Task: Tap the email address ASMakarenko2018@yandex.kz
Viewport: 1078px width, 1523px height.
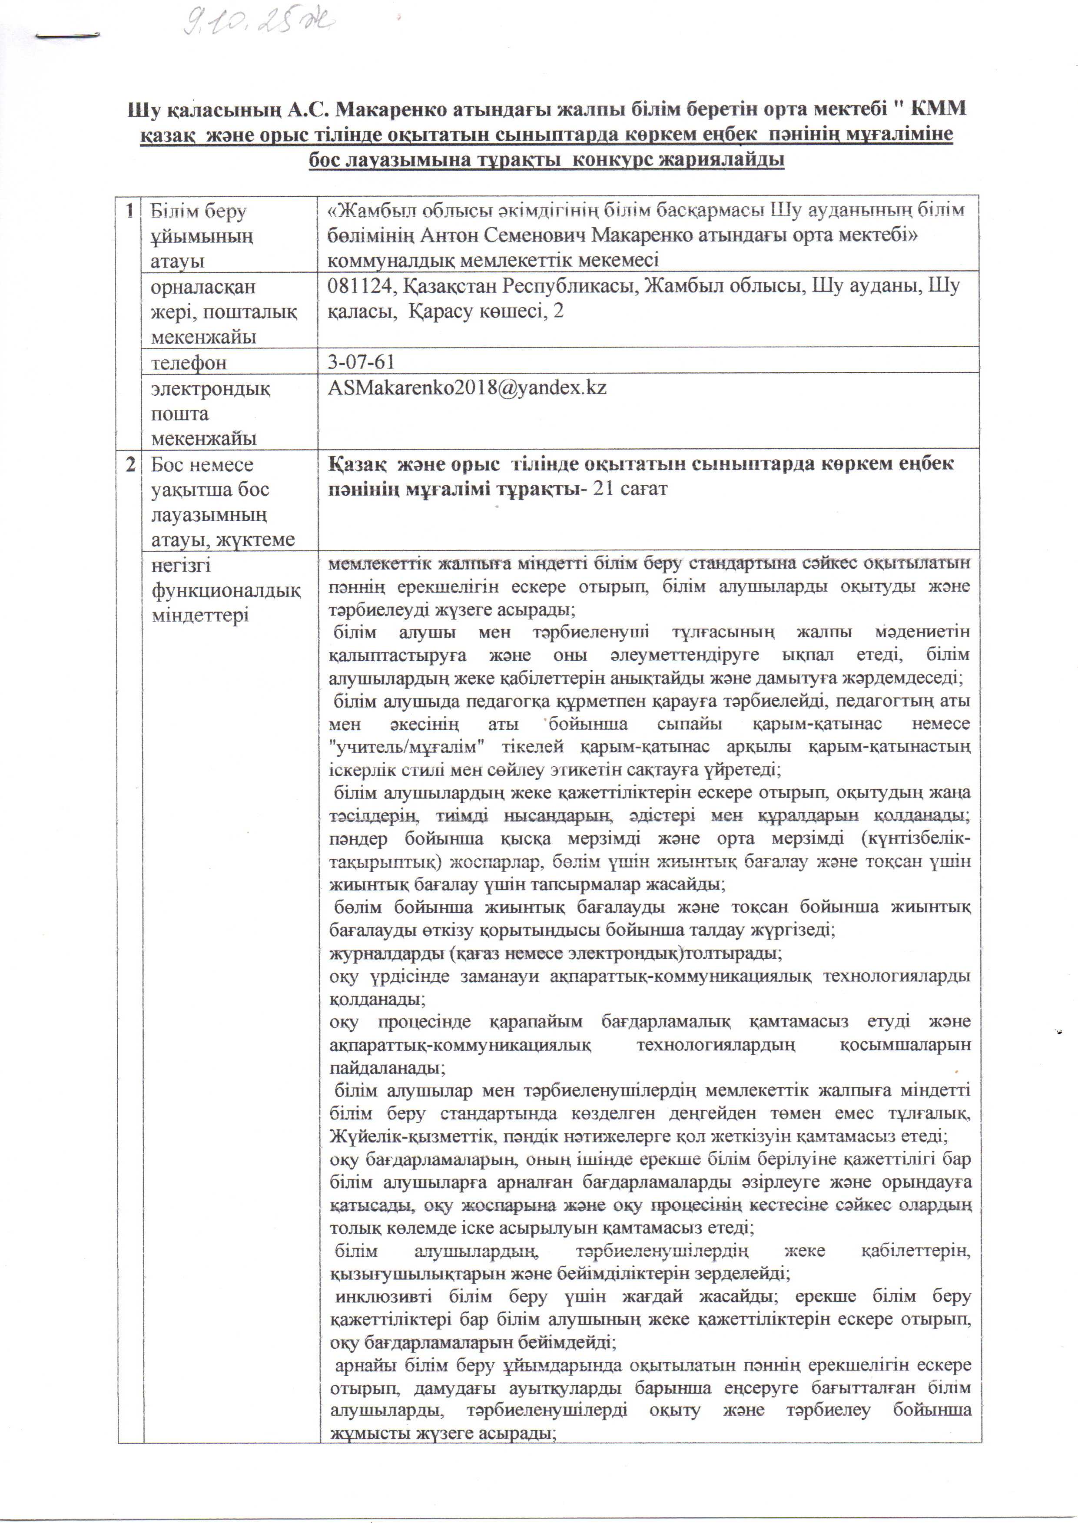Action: click(x=467, y=387)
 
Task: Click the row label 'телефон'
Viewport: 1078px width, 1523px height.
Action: click(x=189, y=363)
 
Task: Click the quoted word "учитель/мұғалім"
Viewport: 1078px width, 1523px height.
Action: click(x=407, y=747)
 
